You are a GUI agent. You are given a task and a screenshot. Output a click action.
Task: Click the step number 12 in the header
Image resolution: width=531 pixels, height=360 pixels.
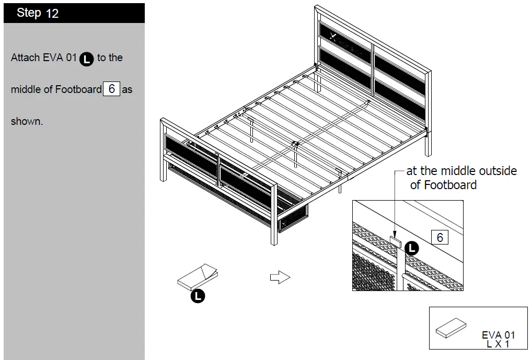(52, 14)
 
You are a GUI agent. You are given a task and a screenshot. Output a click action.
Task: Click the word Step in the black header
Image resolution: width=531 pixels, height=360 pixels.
(29, 13)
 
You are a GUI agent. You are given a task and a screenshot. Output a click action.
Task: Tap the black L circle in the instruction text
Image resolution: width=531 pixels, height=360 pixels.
(87, 59)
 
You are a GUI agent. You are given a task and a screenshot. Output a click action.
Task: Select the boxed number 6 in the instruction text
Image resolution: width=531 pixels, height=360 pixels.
(111, 89)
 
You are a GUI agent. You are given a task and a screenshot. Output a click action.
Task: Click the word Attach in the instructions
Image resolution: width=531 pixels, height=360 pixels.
(25, 58)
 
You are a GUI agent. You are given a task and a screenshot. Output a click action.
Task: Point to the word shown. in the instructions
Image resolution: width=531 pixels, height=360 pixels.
(27, 122)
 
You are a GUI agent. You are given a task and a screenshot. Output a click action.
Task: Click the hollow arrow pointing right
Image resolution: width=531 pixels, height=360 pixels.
(280, 277)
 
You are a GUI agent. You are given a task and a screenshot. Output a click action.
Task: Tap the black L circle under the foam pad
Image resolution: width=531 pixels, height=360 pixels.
(198, 296)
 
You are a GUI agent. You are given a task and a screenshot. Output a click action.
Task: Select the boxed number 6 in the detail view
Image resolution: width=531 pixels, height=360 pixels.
(440, 238)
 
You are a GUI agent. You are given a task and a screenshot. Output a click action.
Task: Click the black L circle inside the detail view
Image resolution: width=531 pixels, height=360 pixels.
(412, 249)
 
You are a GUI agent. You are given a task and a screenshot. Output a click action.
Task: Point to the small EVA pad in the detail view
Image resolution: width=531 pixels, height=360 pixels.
(396, 240)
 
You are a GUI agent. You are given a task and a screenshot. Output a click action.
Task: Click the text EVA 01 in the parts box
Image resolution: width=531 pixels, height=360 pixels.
(498, 335)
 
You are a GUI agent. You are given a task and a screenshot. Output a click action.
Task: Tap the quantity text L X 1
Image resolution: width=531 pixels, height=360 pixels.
(498, 344)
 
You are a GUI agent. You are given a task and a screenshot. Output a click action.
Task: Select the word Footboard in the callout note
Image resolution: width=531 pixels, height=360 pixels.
(450, 185)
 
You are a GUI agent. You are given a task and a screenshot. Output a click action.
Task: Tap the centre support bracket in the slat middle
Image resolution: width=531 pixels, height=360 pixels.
(295, 144)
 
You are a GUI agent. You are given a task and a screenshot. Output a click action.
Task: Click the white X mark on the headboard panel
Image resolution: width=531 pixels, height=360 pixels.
(334, 36)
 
